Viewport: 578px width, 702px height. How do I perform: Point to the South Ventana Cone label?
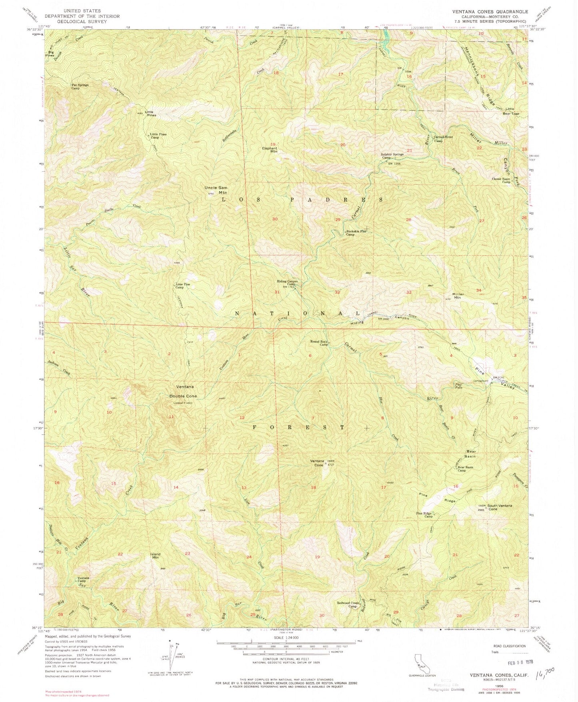[500, 507]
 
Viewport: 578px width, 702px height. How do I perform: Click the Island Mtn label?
[156, 556]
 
